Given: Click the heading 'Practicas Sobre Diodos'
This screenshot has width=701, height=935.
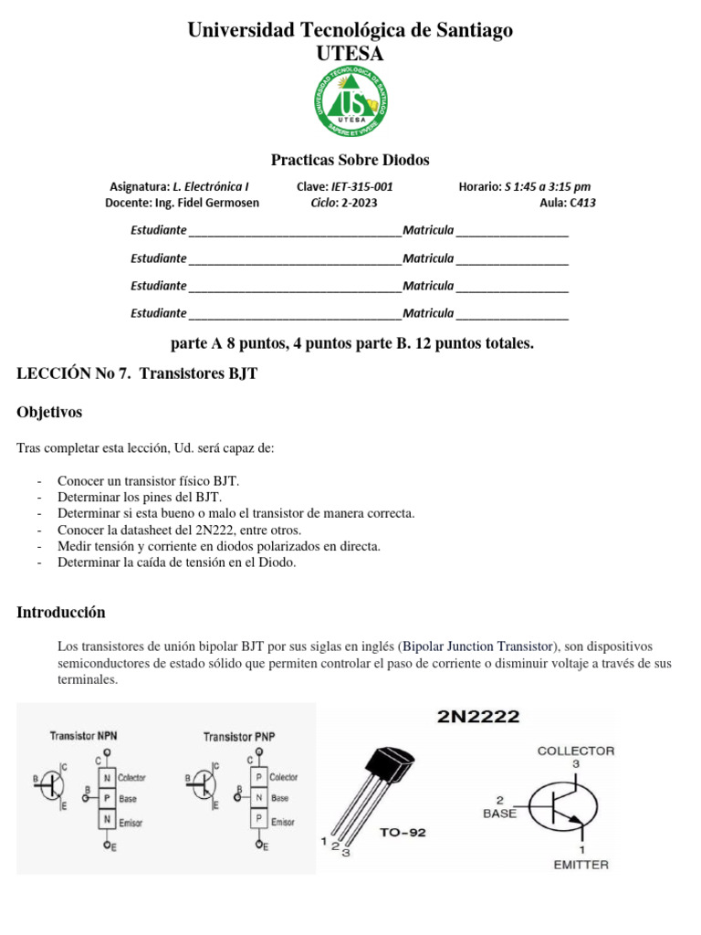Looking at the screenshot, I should point(350,161).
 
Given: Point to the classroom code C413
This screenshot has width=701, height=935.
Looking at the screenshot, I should point(582,203).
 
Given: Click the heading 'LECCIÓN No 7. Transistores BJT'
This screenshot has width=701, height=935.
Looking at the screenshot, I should point(131,373).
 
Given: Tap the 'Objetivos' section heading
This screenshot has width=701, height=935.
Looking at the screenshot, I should point(49,413).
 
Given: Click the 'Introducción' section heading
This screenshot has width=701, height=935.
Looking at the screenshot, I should point(61,612).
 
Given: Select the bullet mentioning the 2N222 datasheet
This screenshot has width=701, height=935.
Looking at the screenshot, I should point(179,530).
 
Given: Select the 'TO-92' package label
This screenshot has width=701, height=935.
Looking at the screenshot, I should point(403,832).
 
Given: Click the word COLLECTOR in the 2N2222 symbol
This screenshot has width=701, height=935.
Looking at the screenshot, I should point(576,751).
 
